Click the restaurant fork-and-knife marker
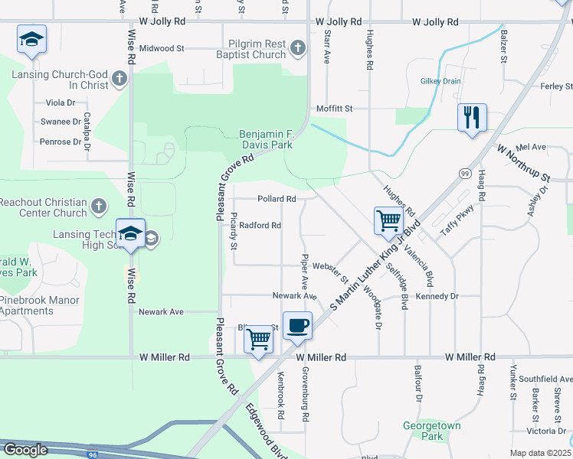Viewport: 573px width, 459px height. (471, 118)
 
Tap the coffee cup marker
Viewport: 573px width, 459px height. (297, 325)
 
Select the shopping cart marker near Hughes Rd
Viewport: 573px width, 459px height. (388, 220)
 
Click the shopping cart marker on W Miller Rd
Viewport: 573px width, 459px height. (258, 338)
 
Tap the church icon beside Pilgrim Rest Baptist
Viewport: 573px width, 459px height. (298, 49)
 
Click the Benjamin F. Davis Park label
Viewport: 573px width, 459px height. (266, 138)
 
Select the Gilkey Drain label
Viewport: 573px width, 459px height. (440, 81)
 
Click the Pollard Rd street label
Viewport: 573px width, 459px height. (277, 199)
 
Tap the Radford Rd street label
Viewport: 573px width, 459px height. (260, 226)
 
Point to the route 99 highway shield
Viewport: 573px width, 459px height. (464, 174)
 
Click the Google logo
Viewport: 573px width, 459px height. (25, 449)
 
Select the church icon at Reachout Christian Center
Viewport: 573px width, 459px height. (98, 207)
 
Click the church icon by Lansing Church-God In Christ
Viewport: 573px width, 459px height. (119, 79)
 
